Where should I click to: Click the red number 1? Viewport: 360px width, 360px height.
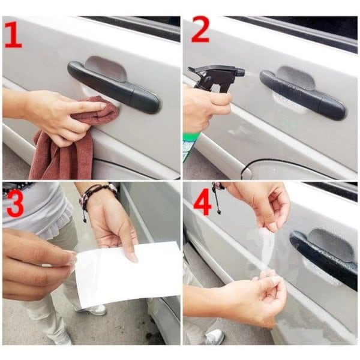(13, 36)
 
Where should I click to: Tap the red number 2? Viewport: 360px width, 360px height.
(200, 29)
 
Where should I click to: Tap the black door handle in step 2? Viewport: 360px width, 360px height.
(302, 95)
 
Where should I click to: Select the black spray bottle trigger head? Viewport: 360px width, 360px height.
(215, 78)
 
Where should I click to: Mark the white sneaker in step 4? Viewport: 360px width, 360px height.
(214, 337)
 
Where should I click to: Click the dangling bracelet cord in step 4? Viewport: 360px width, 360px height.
(217, 198)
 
